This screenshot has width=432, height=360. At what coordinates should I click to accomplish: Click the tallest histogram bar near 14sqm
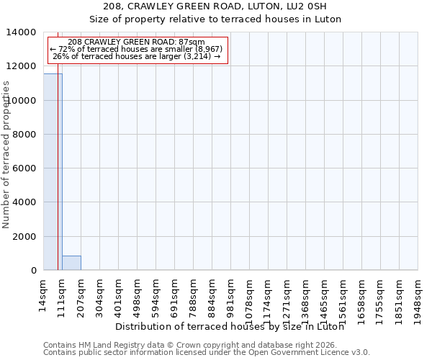coord(53,173)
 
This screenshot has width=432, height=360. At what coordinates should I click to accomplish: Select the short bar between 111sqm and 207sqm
coord(71,263)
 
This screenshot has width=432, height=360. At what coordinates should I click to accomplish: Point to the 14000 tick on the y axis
coord(24,32)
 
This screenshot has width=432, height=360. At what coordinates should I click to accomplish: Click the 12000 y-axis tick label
coord(24,66)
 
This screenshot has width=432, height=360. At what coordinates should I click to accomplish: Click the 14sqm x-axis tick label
coord(43,294)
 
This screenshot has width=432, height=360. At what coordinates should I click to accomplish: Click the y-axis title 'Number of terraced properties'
coord(6,155)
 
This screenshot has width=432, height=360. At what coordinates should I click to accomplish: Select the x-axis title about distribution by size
coord(229,326)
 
